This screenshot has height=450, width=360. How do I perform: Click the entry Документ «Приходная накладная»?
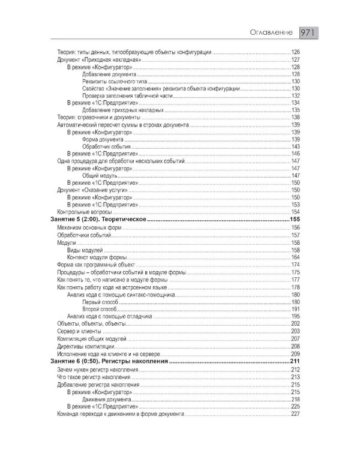tap(99, 61)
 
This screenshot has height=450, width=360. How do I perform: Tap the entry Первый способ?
tap(99, 302)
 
